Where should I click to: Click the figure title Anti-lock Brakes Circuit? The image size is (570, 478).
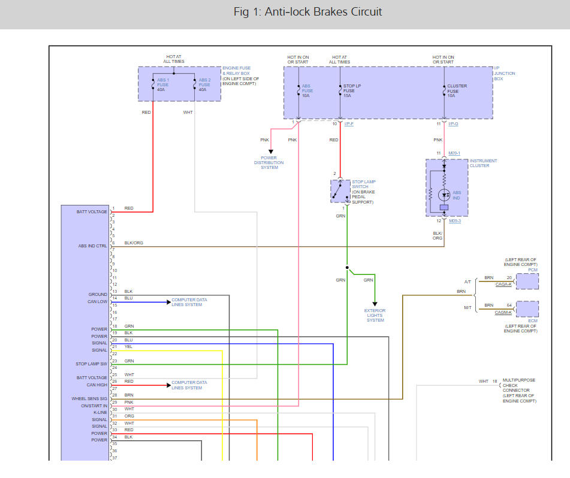point(307,12)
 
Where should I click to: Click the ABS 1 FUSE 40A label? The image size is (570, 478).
point(163,84)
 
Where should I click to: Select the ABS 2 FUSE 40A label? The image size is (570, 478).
point(204,84)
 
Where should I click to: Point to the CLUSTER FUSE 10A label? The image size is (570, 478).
point(457,90)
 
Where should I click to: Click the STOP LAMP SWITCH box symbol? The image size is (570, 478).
point(340,190)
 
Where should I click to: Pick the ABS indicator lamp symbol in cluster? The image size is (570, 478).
point(444,194)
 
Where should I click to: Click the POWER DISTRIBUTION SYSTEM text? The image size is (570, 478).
point(269,163)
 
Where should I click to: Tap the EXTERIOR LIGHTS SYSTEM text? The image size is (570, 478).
point(375,315)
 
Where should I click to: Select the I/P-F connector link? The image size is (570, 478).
point(349,123)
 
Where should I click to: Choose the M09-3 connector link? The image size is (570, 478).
point(454,220)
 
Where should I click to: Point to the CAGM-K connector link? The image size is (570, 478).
point(503,313)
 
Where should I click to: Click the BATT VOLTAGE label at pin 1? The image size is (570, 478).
point(92,211)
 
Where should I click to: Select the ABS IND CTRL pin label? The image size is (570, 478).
point(92,246)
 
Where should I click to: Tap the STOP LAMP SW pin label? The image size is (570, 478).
point(92,364)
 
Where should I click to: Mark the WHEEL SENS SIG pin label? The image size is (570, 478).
point(89,398)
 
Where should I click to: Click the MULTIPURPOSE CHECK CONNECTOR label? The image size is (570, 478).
point(519,391)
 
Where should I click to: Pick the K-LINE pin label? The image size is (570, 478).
point(99,412)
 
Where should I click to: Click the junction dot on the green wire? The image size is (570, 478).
point(346,267)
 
